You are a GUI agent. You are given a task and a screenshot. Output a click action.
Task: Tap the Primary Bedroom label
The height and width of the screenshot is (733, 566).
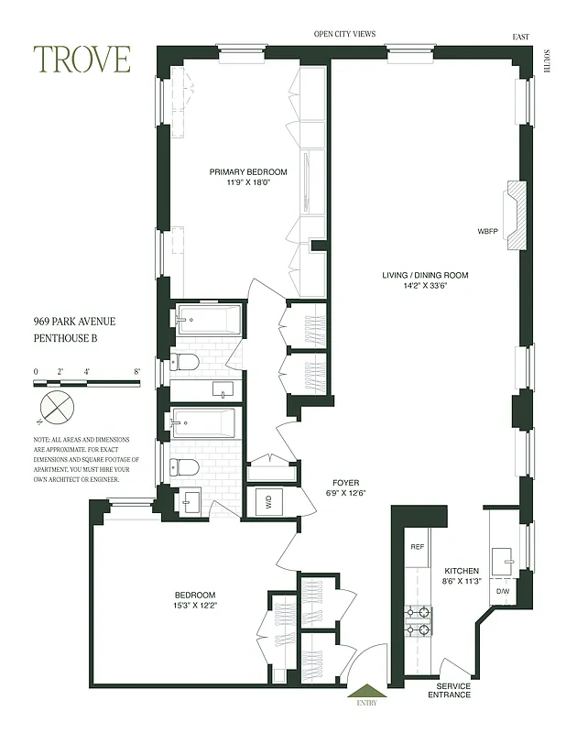(x=248, y=171)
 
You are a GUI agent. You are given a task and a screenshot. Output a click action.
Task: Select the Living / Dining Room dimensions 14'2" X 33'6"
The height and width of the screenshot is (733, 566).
(x=426, y=286)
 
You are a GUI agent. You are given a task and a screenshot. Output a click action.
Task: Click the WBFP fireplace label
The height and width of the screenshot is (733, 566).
(x=487, y=230)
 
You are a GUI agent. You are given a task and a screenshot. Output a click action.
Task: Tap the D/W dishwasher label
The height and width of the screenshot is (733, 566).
(x=502, y=591)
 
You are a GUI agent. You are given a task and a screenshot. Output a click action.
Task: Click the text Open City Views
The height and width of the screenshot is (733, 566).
(x=344, y=34)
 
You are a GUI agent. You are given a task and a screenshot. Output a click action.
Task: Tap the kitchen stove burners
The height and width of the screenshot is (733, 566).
(x=419, y=620)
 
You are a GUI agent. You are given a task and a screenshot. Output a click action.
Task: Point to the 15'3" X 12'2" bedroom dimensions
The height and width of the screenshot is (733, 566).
(x=193, y=605)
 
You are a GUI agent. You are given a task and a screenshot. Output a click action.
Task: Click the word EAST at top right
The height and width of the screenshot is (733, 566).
(x=521, y=38)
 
